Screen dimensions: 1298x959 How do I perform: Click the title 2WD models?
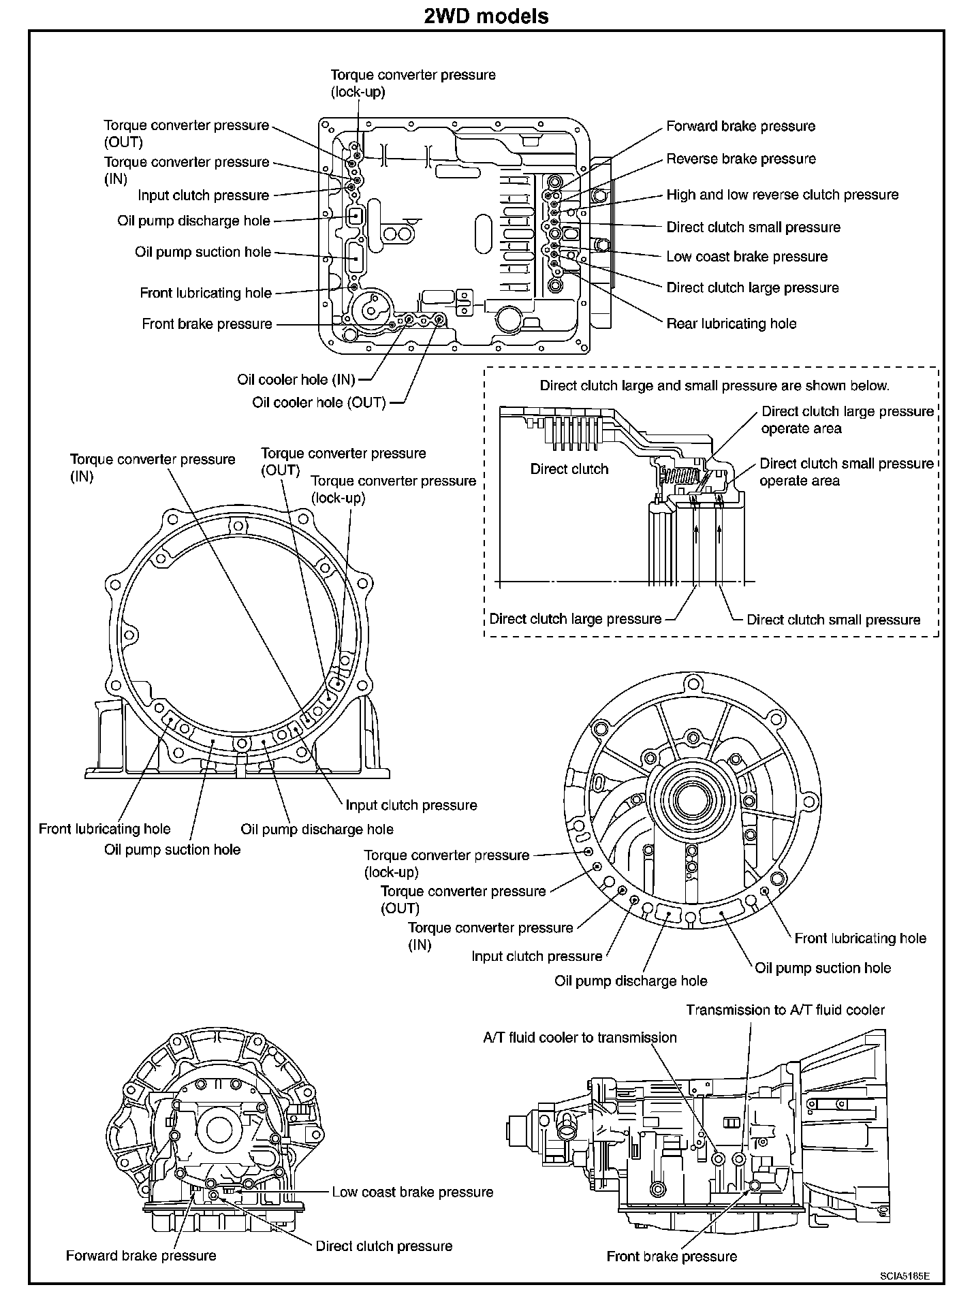tap(486, 15)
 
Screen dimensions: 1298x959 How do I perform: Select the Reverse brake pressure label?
tap(740, 159)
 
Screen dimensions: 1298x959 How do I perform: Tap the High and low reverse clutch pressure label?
tap(782, 195)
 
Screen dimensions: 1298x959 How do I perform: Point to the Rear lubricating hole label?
tap(731, 323)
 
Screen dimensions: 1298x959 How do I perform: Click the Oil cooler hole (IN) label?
tap(296, 379)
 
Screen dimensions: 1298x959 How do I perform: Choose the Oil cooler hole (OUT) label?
tap(319, 402)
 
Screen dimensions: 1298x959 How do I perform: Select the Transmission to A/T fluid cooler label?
tap(785, 1010)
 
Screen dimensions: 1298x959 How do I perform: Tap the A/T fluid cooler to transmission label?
tap(580, 1038)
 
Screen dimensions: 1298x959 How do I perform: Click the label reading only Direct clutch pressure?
tap(383, 1246)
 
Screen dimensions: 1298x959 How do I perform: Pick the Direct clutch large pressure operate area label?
tap(847, 420)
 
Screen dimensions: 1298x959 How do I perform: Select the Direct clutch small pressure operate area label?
tap(847, 472)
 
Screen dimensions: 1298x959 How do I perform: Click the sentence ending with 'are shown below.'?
tap(714, 385)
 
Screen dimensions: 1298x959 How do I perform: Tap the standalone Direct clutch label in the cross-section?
tap(569, 469)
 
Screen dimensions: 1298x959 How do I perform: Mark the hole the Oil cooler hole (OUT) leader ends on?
tap(439, 319)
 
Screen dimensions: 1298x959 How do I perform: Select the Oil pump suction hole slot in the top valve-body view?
tap(355, 259)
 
